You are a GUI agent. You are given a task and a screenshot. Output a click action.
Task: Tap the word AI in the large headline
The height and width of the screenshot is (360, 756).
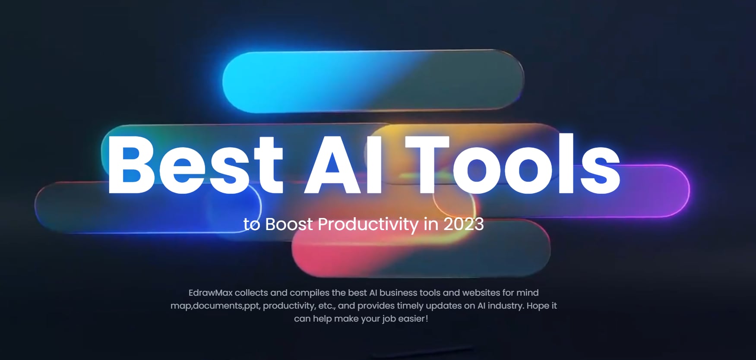pos(343,164)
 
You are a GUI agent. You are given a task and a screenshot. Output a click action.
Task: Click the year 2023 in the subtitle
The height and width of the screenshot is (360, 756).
pos(463,224)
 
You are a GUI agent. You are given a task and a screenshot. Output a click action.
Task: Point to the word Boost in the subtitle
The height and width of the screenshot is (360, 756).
pos(289,224)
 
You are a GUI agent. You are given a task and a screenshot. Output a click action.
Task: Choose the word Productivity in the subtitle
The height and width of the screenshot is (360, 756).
pos(368,224)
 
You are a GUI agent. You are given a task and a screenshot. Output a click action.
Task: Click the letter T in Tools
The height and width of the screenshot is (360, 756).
pos(427,164)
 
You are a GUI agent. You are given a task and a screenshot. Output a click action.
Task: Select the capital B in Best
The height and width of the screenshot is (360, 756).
pos(131,164)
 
